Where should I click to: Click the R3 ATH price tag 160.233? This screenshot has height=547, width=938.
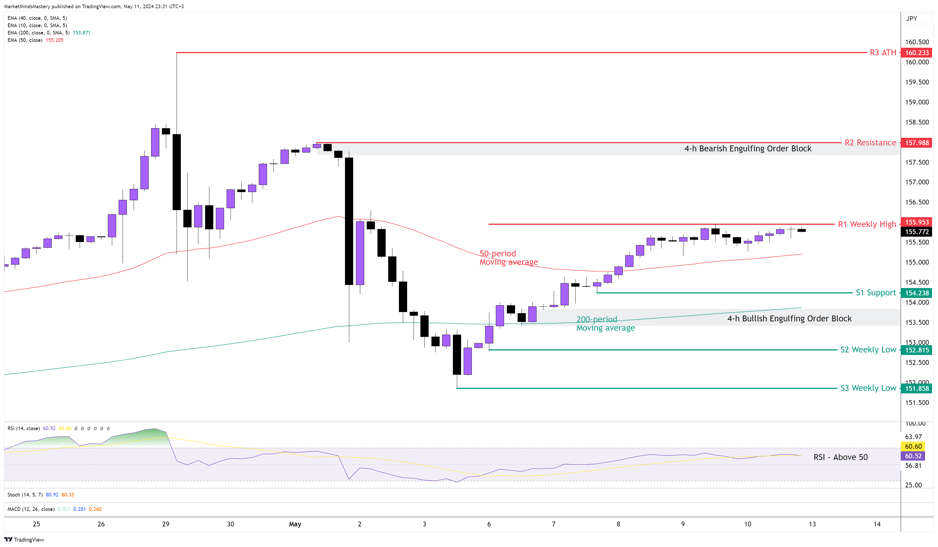click(x=917, y=53)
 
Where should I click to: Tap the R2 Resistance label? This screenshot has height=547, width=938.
click(x=870, y=143)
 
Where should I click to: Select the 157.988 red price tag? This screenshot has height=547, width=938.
click(x=917, y=143)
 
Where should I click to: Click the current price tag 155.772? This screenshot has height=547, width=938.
click(x=917, y=232)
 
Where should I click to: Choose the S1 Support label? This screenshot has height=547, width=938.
click(x=876, y=293)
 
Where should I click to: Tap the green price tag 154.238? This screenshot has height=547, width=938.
click(x=917, y=293)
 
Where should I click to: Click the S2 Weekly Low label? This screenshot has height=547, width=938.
click(x=868, y=350)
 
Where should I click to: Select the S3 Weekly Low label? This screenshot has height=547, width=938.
click(x=868, y=388)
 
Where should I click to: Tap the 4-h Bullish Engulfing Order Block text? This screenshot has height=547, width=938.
click(x=789, y=319)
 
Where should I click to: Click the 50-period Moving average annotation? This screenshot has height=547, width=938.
click(x=508, y=258)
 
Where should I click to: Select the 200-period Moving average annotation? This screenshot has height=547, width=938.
click(x=605, y=324)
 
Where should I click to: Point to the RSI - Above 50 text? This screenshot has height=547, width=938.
click(x=840, y=457)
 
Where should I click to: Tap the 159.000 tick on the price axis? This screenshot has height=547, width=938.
click(x=917, y=102)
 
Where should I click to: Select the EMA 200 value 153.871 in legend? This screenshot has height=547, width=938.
click(x=82, y=33)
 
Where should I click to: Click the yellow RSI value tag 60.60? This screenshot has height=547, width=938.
click(x=913, y=446)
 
